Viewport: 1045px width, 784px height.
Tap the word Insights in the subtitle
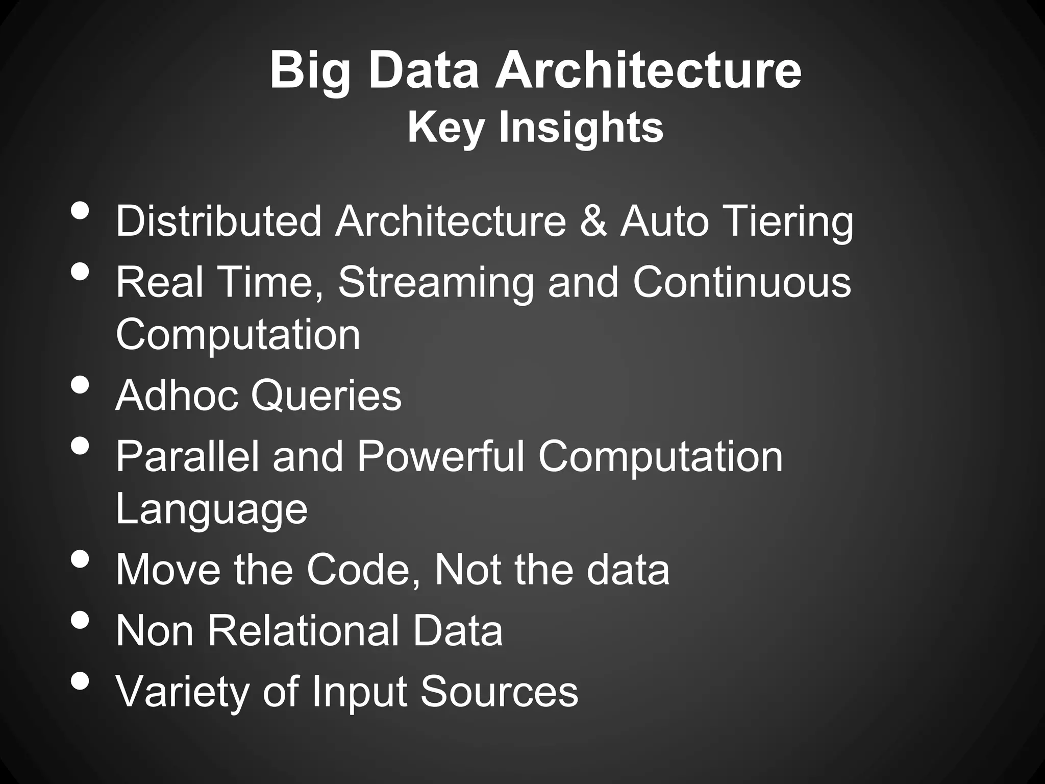click(x=581, y=127)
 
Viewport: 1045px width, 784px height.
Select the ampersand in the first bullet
click(x=593, y=222)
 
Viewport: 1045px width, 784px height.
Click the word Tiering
click(x=787, y=223)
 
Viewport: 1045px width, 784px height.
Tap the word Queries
click(x=326, y=396)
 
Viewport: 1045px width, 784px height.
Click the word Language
click(x=211, y=510)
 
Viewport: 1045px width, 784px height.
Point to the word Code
click(x=365, y=569)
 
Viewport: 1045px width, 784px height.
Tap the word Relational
click(x=303, y=630)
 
